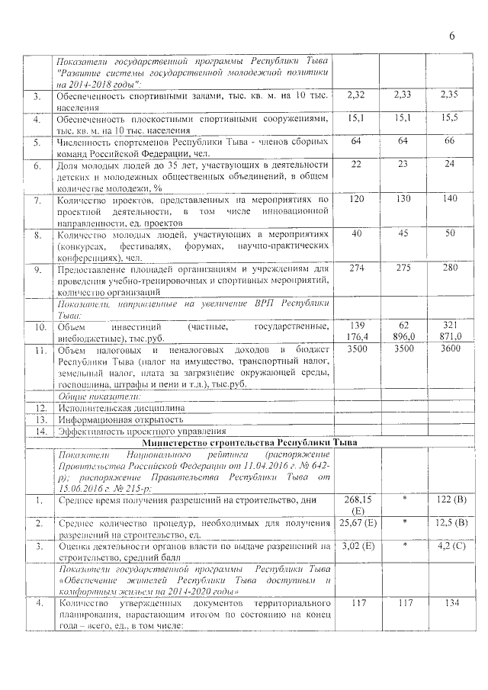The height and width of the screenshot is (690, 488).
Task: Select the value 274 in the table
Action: point(357,268)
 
